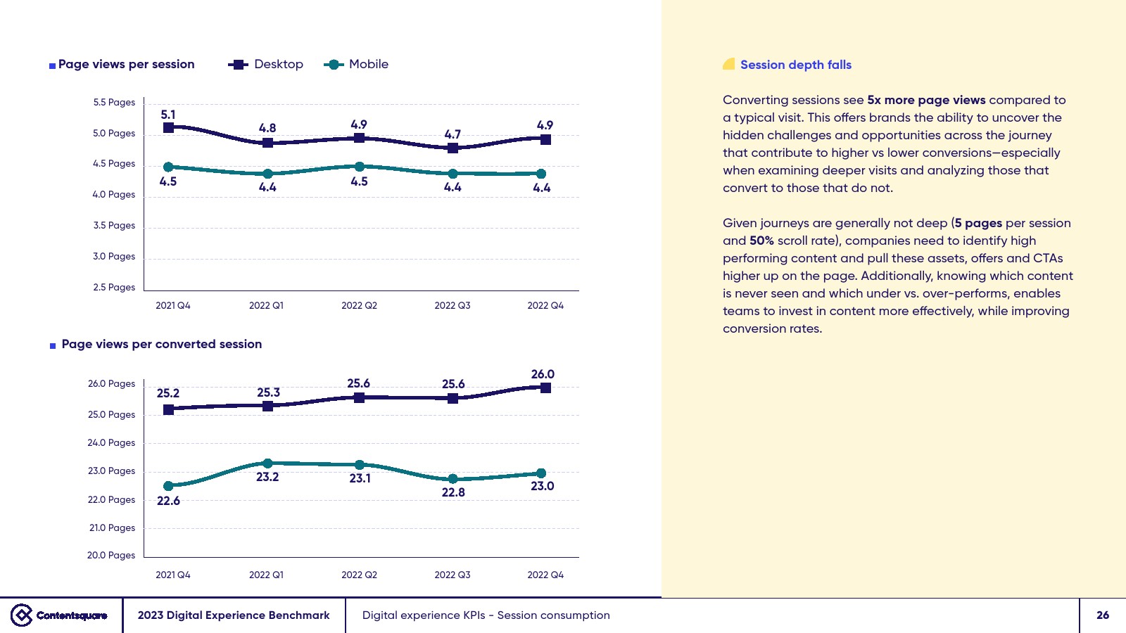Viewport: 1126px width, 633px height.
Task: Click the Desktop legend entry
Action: (x=266, y=65)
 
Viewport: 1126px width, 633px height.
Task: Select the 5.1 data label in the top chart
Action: (x=168, y=115)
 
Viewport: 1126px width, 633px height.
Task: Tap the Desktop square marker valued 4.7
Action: (x=453, y=148)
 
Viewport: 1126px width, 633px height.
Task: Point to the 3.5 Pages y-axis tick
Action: (x=114, y=226)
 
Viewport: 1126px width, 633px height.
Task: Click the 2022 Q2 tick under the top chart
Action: (x=359, y=306)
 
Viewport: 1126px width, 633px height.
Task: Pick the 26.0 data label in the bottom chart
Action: (x=543, y=374)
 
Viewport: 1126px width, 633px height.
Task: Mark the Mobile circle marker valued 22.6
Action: (x=168, y=486)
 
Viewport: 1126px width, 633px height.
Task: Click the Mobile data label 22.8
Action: (x=453, y=492)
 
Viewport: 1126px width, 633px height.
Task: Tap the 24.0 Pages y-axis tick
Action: (x=111, y=443)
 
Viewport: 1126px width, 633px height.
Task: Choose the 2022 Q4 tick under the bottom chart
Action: (x=545, y=575)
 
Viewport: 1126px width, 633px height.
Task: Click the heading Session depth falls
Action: (x=795, y=65)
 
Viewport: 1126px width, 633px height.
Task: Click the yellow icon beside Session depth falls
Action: (x=729, y=64)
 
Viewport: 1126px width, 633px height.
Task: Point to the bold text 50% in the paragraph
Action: (x=761, y=241)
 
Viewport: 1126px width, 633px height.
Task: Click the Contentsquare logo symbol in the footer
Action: (x=22, y=615)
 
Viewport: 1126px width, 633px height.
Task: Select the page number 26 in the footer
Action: (x=1103, y=615)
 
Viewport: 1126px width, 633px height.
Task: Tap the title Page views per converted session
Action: (x=161, y=345)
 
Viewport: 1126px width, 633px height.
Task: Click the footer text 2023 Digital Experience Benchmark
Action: (x=234, y=615)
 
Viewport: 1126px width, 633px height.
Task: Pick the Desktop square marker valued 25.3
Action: (x=267, y=406)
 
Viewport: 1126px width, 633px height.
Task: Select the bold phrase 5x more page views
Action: (x=926, y=100)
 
